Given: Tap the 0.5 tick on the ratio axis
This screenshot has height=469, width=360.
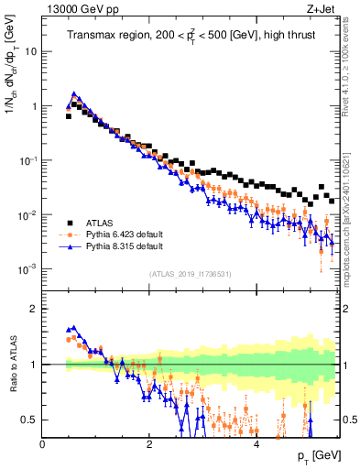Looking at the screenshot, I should pos(29,420).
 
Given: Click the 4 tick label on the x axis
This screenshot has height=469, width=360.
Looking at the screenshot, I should pos(256,443).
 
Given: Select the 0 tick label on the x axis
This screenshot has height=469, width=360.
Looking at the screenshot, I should pos(42,443).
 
